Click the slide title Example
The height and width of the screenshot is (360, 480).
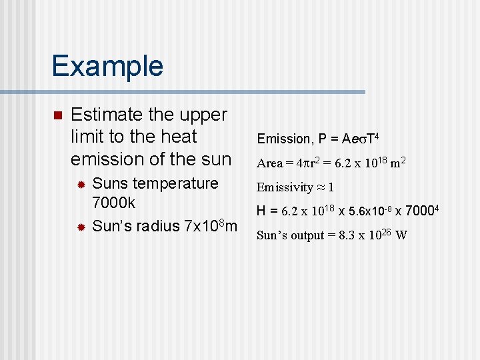[107, 67]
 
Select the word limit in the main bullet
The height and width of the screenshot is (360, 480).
[87, 137]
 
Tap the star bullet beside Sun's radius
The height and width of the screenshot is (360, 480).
[81, 227]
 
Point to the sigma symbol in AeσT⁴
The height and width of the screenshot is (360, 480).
[361, 139]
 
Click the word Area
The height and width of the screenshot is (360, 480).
[269, 163]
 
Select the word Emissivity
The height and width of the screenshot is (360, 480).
[285, 187]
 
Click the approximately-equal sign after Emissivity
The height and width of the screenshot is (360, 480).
[320, 187]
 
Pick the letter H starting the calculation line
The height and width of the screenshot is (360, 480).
[261, 211]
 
